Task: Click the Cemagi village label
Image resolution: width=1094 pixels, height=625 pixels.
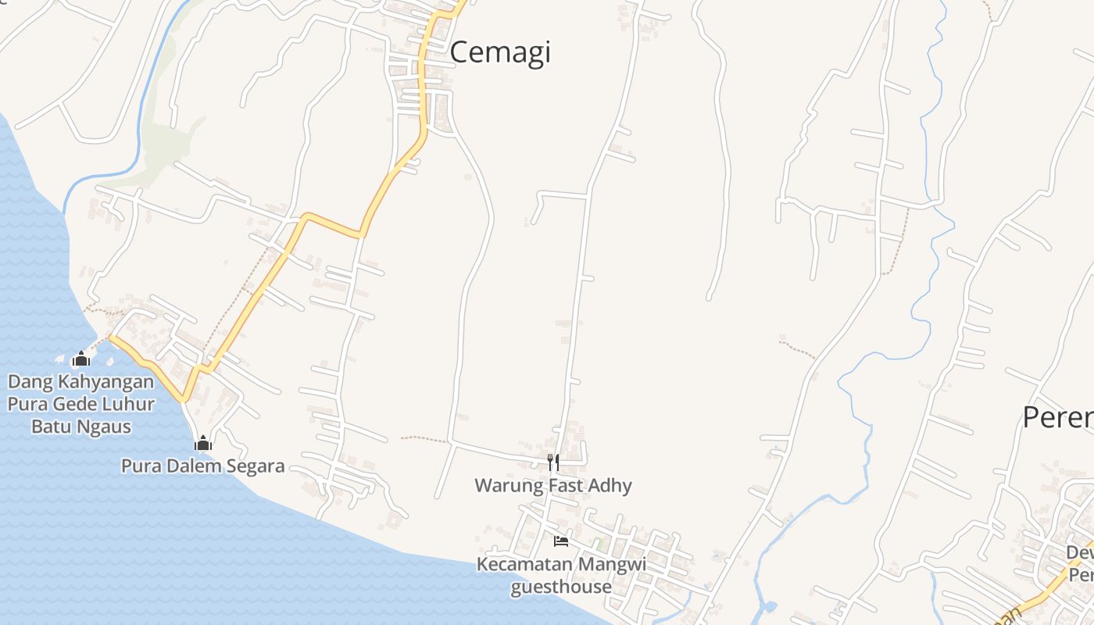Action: pos(500,52)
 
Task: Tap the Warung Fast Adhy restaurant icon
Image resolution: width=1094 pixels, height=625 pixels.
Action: pos(553,462)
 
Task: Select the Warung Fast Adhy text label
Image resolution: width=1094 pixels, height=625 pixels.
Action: pos(553,485)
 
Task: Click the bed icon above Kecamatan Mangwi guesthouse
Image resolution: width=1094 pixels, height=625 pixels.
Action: pos(561,541)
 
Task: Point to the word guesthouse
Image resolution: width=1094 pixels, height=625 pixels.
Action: pos(561,586)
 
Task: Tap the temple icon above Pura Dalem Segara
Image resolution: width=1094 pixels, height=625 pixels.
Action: pos(203,444)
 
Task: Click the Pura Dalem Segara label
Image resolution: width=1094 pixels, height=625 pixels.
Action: pos(203,466)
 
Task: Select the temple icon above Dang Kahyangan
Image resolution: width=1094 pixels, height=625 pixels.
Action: pos(80,359)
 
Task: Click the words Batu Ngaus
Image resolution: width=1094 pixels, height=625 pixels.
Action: pos(81,427)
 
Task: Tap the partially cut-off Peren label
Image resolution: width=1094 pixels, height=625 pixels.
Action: pos(1058,417)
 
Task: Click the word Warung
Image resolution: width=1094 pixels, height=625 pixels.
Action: pos(509,485)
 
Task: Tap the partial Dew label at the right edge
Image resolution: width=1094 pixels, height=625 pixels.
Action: pos(1081,552)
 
